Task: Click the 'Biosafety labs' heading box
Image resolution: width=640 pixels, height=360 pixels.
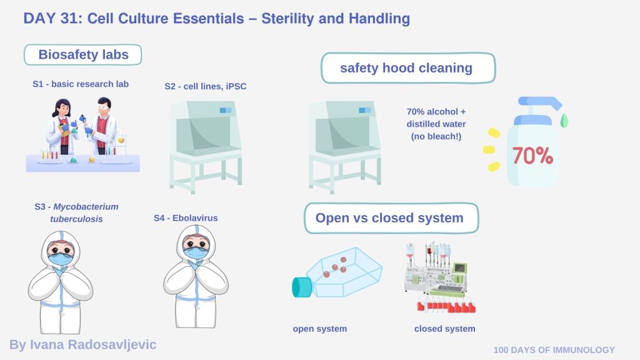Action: point(83,54)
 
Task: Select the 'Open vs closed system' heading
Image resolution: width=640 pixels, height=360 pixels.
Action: point(389,218)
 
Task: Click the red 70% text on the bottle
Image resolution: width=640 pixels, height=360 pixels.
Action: point(532,156)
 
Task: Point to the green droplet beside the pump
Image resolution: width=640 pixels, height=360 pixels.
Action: point(564,119)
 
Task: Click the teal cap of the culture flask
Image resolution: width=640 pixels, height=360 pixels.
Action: point(302,286)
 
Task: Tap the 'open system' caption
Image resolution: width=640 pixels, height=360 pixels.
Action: point(319,329)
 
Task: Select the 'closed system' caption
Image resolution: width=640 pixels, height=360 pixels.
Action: point(444,329)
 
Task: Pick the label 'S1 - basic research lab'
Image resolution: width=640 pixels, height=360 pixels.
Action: point(81,84)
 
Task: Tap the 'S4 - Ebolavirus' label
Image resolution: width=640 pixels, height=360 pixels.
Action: point(186,218)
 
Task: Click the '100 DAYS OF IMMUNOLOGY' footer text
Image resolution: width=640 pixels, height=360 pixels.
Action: point(554,350)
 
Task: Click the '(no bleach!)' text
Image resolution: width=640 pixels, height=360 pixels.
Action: point(436,136)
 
